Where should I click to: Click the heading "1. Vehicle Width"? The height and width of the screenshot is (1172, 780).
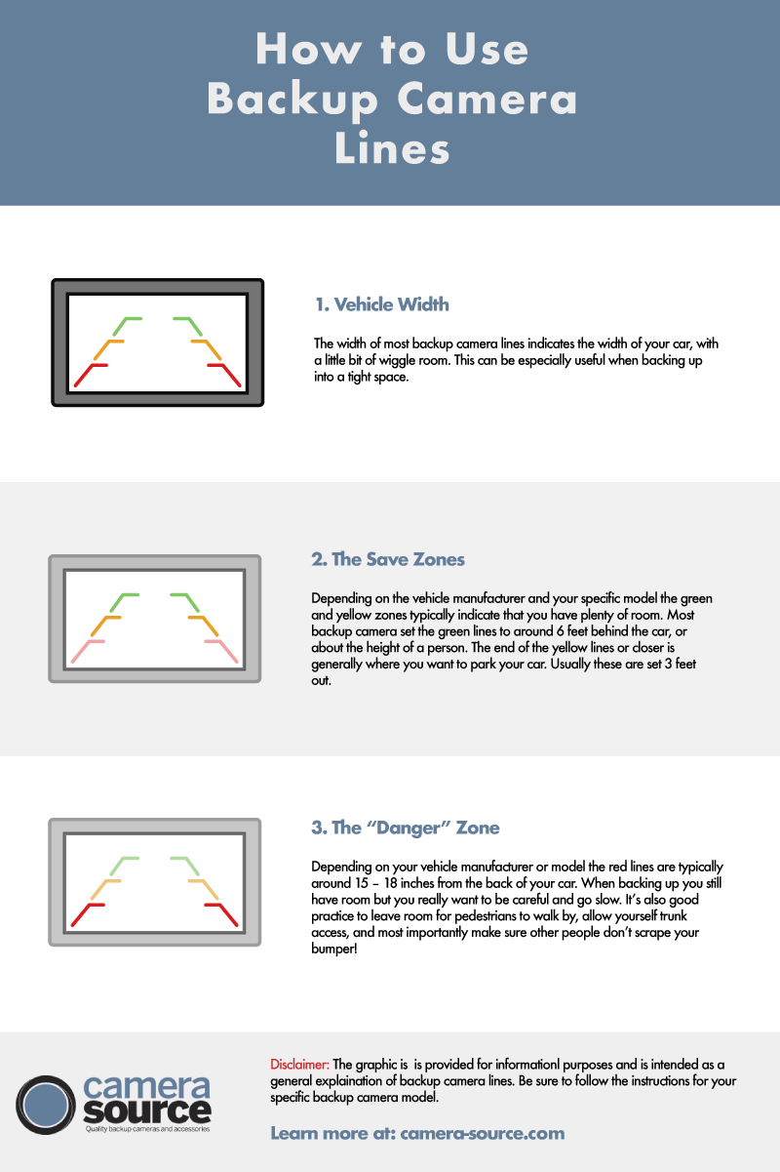pos(381,304)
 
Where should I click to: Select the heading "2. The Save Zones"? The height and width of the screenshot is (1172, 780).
pos(388,559)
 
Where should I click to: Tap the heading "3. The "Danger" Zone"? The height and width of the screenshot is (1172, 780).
pos(406,828)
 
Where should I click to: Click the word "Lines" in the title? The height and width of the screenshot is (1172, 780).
pos(392,148)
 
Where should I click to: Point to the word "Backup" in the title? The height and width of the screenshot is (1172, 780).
pos(292,100)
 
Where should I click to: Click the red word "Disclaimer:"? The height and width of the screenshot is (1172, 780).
pos(299,1065)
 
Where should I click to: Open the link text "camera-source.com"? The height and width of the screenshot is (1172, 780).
pos(482,1133)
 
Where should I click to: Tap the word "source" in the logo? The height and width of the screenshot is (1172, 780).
pos(147,1111)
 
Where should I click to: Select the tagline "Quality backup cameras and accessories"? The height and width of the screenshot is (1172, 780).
pos(147,1129)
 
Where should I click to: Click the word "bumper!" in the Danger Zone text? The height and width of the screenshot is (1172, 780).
pos(334,949)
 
